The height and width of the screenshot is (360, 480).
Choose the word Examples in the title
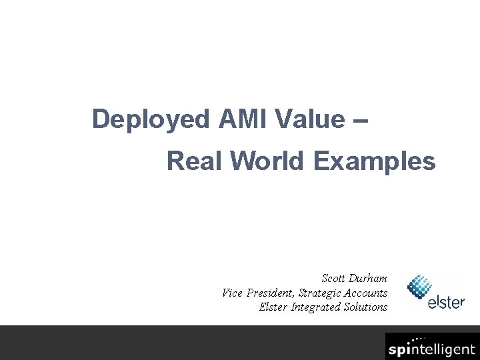374,161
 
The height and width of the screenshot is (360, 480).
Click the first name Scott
334,278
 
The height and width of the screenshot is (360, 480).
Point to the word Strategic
321,293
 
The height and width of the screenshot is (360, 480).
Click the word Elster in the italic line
273,307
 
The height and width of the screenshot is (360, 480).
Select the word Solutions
365,307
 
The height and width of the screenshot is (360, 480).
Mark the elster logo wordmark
446,301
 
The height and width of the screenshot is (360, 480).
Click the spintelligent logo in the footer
431,349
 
